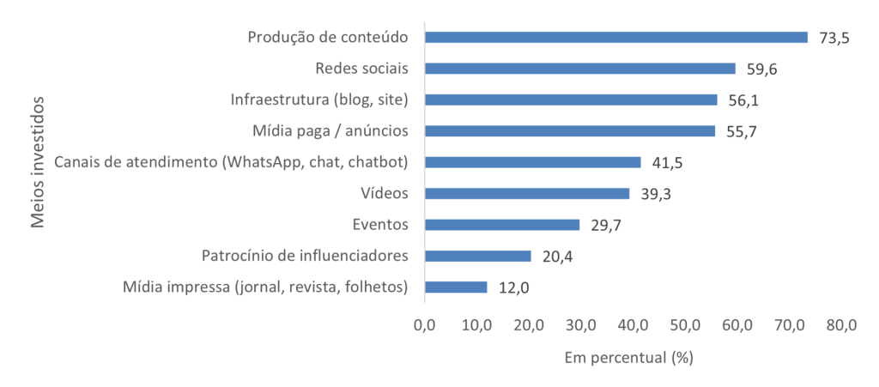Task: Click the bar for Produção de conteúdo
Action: pyautogui.click(x=616, y=37)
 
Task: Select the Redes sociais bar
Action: pyautogui.click(x=580, y=69)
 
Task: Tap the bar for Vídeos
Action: pyautogui.click(x=527, y=194)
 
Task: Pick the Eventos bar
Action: pyautogui.click(x=502, y=225)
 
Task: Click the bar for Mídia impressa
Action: pyautogui.click(x=456, y=287)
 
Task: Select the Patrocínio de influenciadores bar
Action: pyautogui.click(x=478, y=256)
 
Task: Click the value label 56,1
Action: pyautogui.click(x=743, y=100)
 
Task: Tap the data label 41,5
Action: pyautogui.click(x=667, y=163)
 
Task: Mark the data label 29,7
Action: pyautogui.click(x=606, y=226)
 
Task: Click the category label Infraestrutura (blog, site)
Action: pyautogui.click(x=318, y=100)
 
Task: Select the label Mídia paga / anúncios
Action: pyautogui.click(x=330, y=131)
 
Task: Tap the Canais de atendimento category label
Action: pyautogui.click(x=230, y=162)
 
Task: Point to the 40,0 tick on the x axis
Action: pyautogui.click(x=633, y=325)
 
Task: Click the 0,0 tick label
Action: pyautogui.click(x=425, y=325)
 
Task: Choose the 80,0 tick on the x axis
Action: pyautogui.click(x=841, y=325)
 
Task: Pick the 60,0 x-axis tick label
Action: pyautogui.click(x=737, y=325)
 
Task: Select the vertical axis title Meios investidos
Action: pyautogui.click(x=38, y=162)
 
